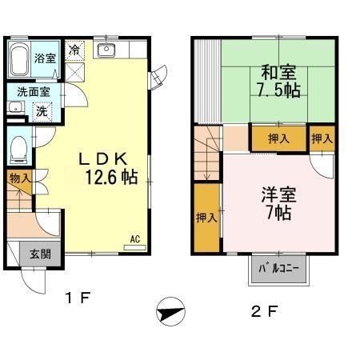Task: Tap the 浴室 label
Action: (46, 58)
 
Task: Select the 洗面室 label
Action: (33, 92)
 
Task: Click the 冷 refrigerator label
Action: (74, 50)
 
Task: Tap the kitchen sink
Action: (106, 52)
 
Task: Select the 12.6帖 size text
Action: (110, 177)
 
